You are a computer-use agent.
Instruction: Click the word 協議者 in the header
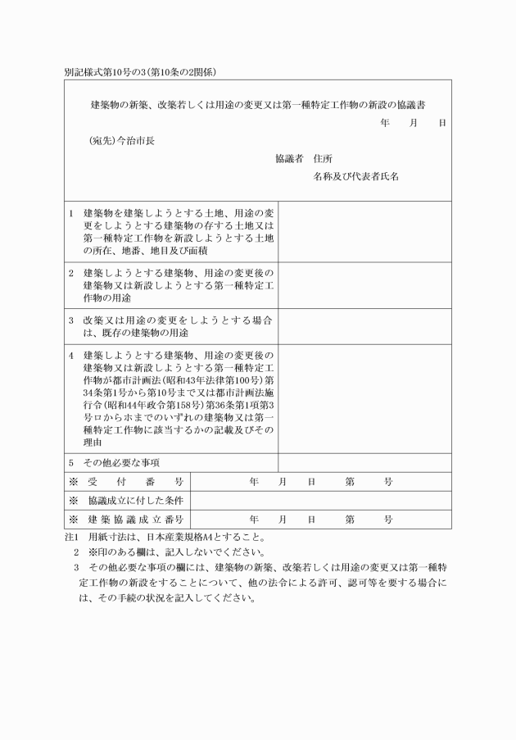pyautogui.click(x=290, y=158)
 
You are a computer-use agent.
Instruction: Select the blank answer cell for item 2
pyautogui.click(x=364, y=284)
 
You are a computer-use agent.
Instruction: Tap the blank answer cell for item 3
pyautogui.click(x=364, y=326)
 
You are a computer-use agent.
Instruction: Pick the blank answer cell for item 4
pyautogui.click(x=364, y=398)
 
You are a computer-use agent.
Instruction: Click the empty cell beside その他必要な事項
pyautogui.click(x=364, y=462)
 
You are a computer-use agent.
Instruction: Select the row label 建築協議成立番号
pyautogui.click(x=135, y=520)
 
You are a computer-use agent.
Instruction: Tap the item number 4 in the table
pyautogui.click(x=71, y=356)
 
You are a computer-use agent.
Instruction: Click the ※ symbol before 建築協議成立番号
pyautogui.click(x=74, y=520)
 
